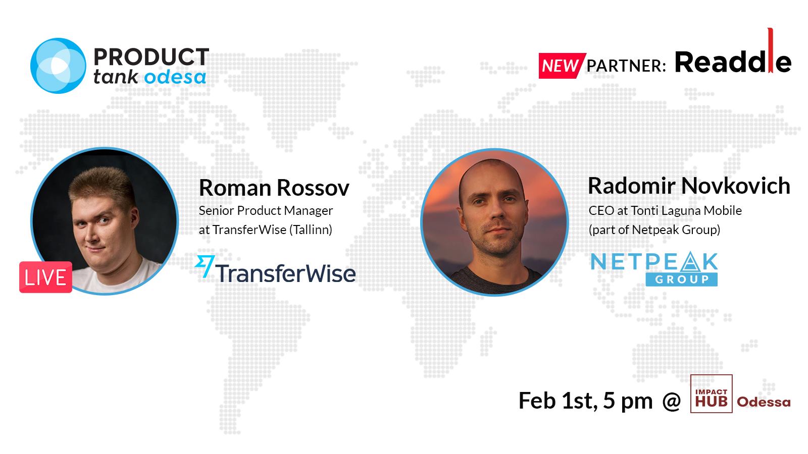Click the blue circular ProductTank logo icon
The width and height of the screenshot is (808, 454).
58,66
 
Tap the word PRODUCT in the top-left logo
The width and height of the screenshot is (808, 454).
151,57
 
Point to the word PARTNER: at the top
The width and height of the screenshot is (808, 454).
626,66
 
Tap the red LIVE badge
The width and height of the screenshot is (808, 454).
46,277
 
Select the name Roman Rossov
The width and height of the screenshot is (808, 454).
274,188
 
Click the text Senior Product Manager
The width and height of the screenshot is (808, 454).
266,211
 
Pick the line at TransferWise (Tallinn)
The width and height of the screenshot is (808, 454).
266,230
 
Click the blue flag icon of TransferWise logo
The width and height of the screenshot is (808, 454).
205,266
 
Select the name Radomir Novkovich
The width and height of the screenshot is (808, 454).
689,186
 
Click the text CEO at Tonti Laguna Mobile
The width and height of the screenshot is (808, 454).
665,210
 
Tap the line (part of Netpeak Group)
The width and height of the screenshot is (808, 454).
654,230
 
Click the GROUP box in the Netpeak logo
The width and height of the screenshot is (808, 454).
681,279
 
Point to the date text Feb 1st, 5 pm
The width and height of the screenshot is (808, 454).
586,401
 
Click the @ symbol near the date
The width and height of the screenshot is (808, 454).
672,402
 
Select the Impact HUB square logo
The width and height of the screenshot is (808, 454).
711,394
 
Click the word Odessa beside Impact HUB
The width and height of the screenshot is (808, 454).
764,402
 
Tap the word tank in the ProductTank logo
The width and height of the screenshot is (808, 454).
116,77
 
